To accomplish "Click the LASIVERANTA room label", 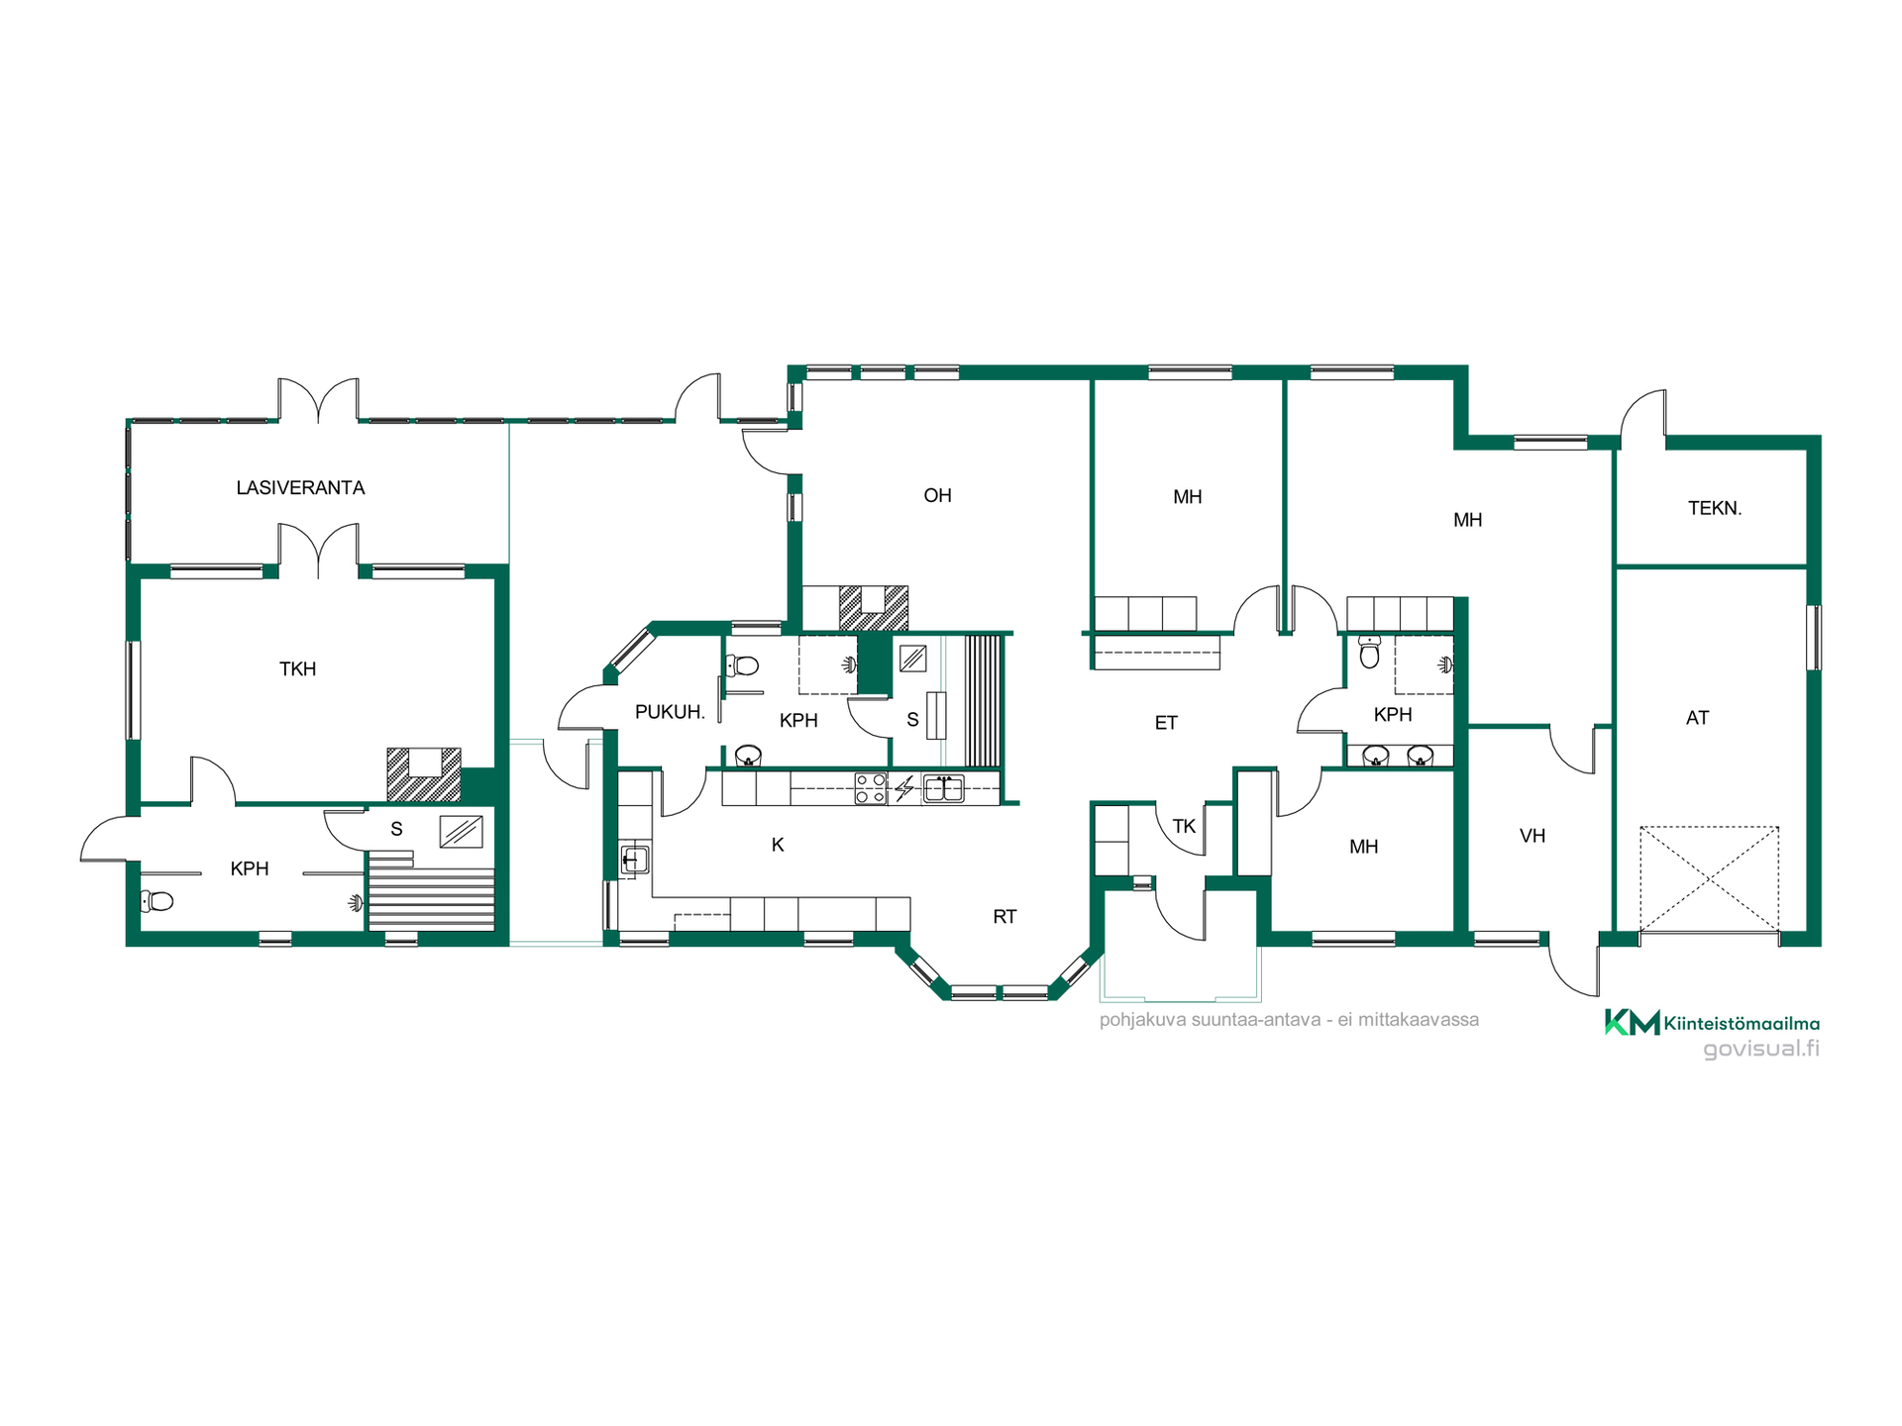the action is [300, 487].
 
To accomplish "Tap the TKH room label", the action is [297, 668].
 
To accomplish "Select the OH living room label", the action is [937, 495].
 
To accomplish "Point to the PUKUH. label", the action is [670, 711].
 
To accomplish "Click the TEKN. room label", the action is [1715, 508].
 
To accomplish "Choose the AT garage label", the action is [1697, 718].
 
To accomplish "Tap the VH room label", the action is [1532, 836].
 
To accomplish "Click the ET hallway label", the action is [1166, 723].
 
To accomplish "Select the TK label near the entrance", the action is [1184, 826].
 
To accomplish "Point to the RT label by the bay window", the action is [1004, 917].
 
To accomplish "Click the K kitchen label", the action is [778, 845].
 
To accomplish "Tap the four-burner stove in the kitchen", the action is [871, 788].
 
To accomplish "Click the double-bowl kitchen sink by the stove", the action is [943, 788].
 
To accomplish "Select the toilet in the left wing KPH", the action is [157, 901].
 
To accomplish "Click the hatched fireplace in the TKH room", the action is [424, 774].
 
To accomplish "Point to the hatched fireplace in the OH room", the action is [873, 608].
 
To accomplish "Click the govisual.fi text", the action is [1761, 1049].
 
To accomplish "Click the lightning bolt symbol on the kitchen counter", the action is [904, 788].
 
